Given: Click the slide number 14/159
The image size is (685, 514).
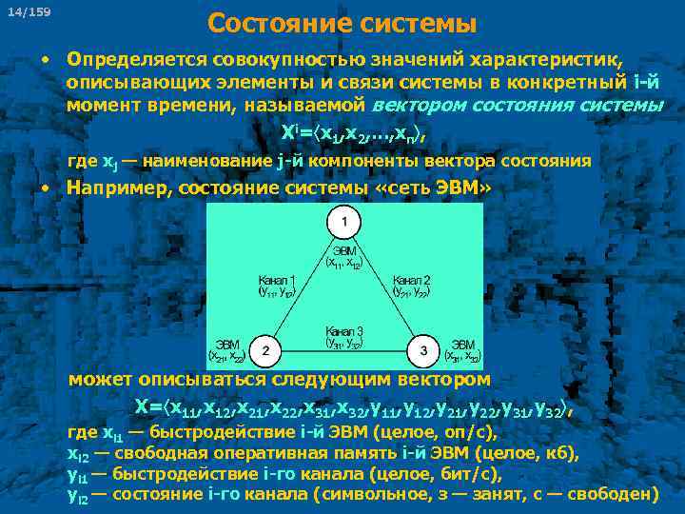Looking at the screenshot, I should [35, 11].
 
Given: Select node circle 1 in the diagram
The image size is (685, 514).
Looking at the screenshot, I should [344, 224].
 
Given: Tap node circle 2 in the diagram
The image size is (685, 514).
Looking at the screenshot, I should [267, 350].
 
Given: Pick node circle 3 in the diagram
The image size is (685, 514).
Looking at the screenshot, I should [422, 350].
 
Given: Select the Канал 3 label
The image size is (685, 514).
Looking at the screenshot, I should [344, 330].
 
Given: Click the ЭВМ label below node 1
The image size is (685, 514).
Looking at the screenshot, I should [344, 250].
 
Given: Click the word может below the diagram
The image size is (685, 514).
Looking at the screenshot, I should [100, 380].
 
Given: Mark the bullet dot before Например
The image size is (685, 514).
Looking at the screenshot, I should [46, 186].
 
